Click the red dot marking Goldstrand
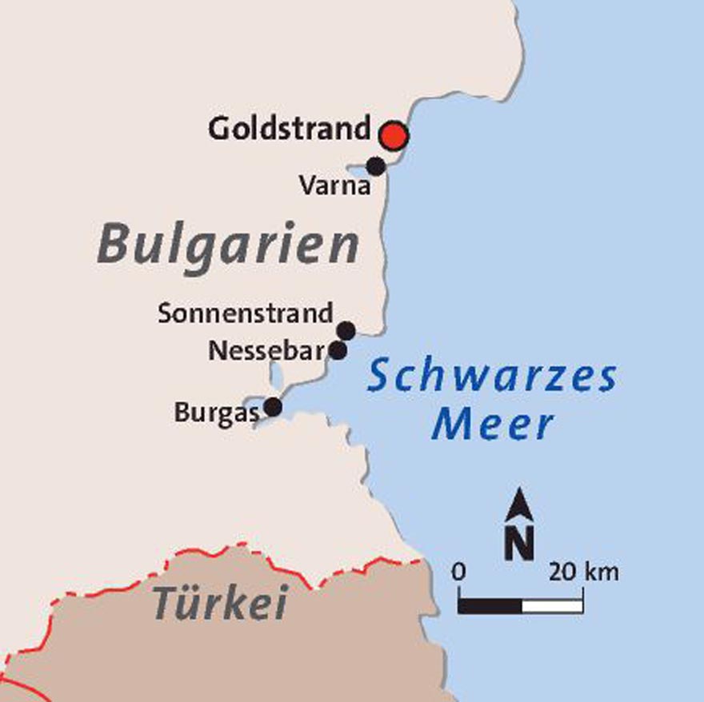393,136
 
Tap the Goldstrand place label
290,129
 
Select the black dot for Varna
375,166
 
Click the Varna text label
335,187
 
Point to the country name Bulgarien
228,244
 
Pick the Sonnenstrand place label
245,313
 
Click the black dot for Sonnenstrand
346,330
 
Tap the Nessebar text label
265,350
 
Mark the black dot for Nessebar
338,350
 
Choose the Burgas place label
217,413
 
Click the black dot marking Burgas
273,407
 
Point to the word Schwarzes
492,377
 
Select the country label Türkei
220,603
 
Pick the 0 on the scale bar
458,572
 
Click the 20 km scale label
583,572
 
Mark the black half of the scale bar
490,604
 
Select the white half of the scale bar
552,604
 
